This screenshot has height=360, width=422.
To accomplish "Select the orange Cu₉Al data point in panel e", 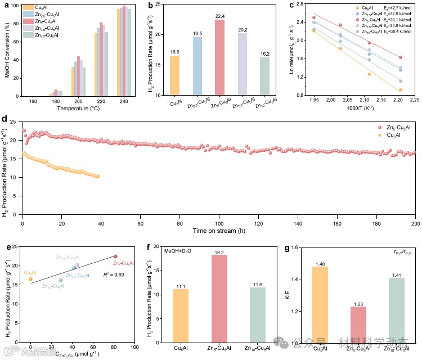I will [x=30, y=279].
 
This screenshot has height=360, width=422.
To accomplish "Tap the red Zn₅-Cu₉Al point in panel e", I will [x=115, y=256].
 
